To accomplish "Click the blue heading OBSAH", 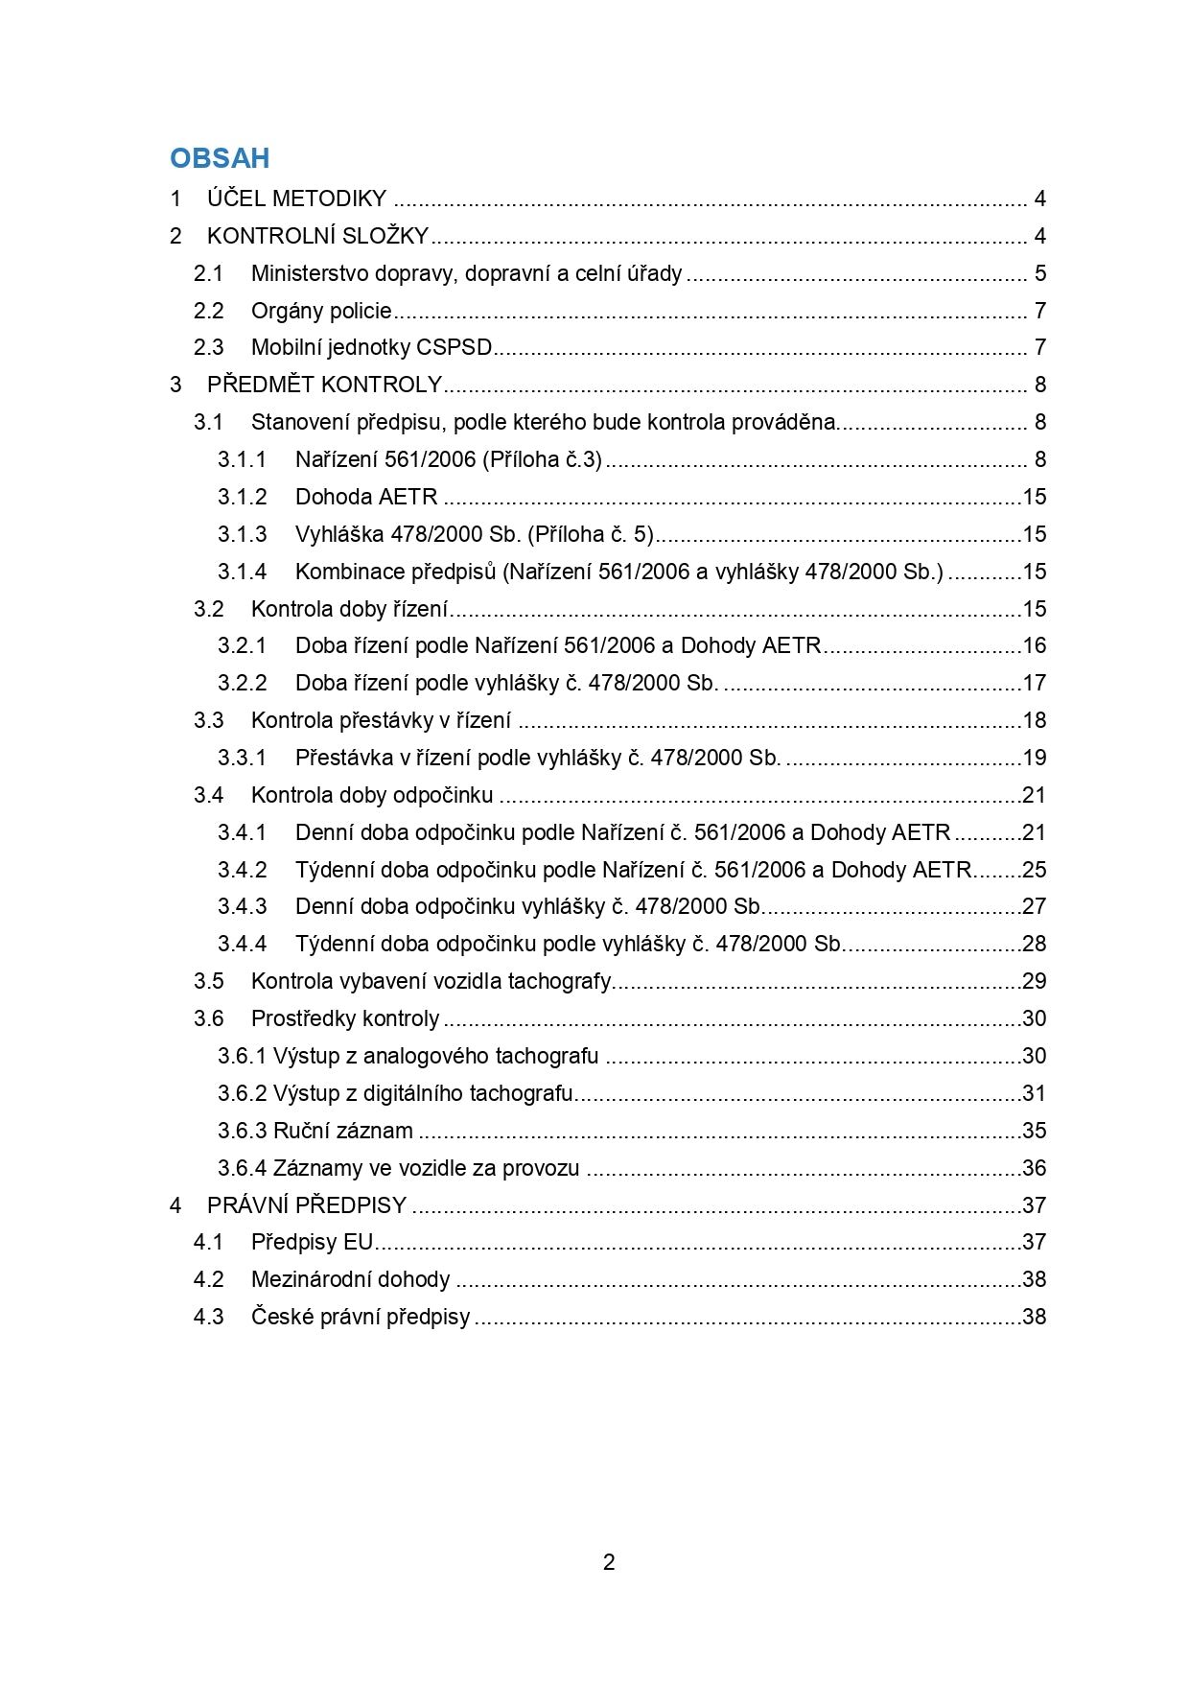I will tap(220, 158).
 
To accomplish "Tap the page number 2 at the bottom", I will tap(609, 1562).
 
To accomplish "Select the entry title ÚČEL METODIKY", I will tap(296, 199).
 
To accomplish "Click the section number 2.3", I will tap(208, 347).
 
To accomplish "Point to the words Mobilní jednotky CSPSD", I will tap(371, 347).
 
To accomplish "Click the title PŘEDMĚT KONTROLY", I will tap(324, 385).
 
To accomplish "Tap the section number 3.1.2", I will tap(242, 497).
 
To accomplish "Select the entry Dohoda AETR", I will tap(366, 497).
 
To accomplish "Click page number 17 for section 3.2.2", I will tap(1034, 683).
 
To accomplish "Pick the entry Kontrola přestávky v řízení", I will tap(381, 720).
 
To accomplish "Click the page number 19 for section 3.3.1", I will tap(1034, 758).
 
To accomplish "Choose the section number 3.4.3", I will tap(242, 906).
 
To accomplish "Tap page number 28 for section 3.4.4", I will tap(1034, 944).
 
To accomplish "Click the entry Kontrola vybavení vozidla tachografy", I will tap(431, 981).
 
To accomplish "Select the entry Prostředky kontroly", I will tap(345, 1018).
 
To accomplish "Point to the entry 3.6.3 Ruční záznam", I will tap(315, 1131).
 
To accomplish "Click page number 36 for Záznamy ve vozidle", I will tap(1034, 1168).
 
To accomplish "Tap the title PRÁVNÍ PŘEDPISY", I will tap(307, 1205).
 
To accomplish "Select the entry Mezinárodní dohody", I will tap(350, 1279).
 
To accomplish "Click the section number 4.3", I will tap(208, 1317).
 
